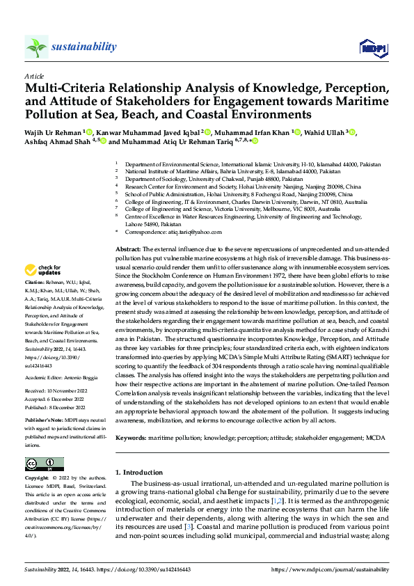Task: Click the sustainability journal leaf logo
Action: (36, 47)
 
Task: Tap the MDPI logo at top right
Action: (373, 47)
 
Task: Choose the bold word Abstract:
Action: (127, 248)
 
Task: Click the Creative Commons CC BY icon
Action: (44, 464)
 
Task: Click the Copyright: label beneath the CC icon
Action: (37, 479)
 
